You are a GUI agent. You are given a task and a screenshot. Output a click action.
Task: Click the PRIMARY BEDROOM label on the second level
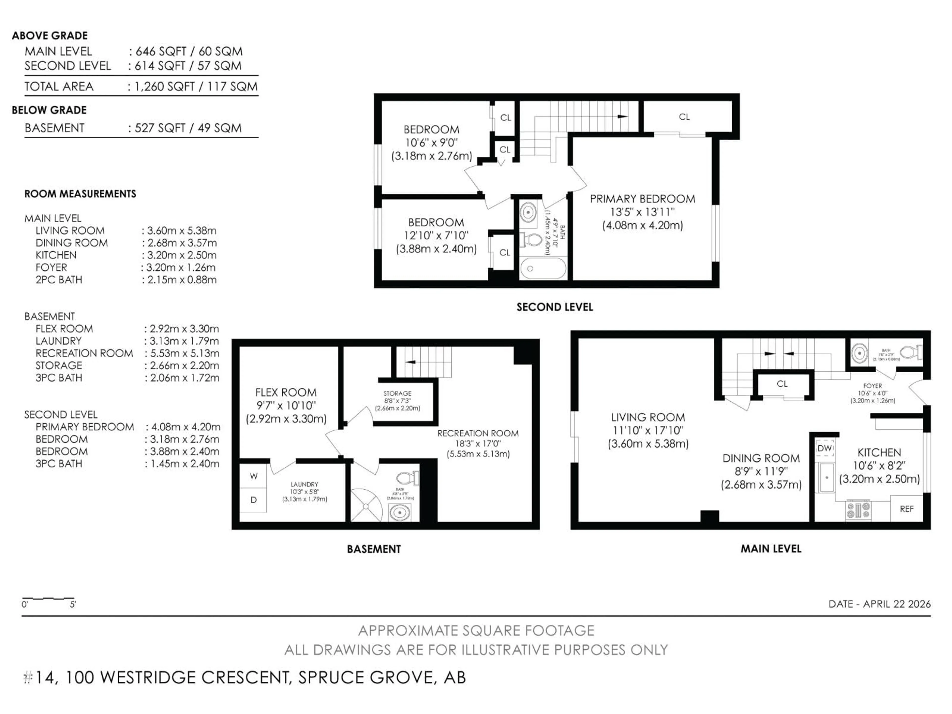(642, 199)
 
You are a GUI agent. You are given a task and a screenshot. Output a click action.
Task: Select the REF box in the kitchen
(906, 509)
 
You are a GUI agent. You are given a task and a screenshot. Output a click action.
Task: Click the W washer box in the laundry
(253, 476)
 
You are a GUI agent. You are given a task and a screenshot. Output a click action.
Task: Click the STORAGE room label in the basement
(397, 393)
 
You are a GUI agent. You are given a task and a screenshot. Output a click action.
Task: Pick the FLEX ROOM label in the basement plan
(286, 392)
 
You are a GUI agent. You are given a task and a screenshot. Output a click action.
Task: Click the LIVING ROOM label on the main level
(648, 417)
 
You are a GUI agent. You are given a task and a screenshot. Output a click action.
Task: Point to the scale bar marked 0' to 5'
(48, 599)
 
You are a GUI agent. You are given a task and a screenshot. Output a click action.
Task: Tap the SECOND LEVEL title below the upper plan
(555, 307)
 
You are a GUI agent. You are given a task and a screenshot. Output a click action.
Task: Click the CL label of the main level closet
(782, 384)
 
